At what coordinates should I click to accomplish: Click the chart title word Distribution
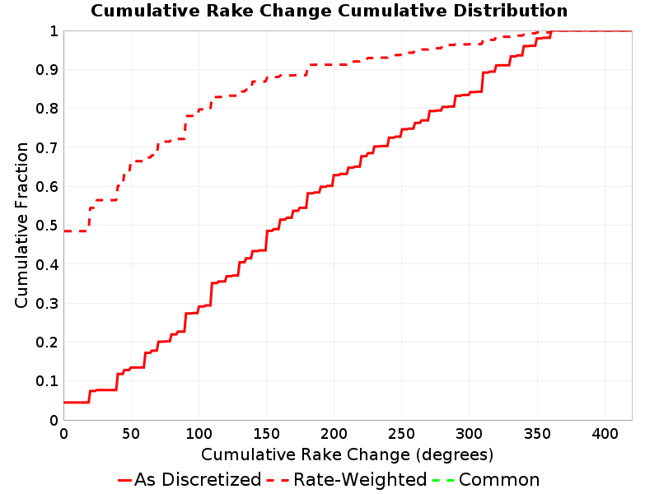[510, 11]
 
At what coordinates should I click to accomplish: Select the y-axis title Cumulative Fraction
[21, 225]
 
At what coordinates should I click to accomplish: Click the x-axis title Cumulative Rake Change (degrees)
[347, 454]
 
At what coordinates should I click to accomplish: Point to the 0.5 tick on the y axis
[47, 226]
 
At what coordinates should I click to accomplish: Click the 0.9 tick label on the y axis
[47, 70]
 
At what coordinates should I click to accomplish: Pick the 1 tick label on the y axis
[54, 31]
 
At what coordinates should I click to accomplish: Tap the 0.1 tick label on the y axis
[47, 381]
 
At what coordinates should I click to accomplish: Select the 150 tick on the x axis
[266, 433]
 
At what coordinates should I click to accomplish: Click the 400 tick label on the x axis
[605, 433]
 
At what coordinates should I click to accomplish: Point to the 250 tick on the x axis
[402, 433]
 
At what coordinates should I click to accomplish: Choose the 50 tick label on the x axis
[131, 433]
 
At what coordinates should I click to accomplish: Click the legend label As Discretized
[198, 479]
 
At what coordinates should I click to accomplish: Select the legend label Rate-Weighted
[360, 479]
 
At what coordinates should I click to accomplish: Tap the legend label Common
[499, 479]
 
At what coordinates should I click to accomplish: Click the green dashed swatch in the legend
[443, 480]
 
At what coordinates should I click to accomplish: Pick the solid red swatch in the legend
[125, 480]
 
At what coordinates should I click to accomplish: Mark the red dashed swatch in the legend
[278, 480]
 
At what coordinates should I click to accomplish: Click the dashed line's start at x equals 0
[64, 231]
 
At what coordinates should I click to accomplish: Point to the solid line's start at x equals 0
[64, 403]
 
